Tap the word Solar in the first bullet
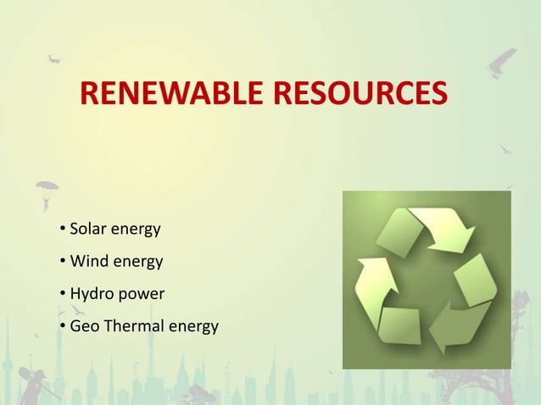86,229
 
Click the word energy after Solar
133,230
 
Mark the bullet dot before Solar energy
64,230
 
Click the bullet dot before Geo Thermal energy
64,327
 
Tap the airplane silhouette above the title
53,58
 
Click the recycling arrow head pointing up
370,272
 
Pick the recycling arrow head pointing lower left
444,334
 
